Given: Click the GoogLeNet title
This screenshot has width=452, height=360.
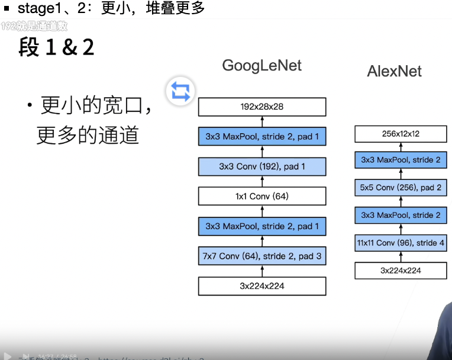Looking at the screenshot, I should click(x=261, y=65).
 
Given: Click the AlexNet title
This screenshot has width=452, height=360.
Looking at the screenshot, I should click(x=394, y=72).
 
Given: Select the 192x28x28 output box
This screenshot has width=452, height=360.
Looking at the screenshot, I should click(x=262, y=107).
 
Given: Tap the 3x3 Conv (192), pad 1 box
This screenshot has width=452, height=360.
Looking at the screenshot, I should click(x=262, y=166).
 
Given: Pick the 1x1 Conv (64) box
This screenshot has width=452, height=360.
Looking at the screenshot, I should click(x=262, y=196).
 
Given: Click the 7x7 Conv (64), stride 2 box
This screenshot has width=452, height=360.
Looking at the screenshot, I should click(x=262, y=256).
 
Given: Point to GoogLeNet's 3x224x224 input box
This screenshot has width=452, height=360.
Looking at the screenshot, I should click(x=262, y=286).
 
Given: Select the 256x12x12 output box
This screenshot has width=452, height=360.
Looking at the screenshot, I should click(x=401, y=134).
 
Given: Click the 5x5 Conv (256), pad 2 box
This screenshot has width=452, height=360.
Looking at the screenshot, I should click(x=401, y=188).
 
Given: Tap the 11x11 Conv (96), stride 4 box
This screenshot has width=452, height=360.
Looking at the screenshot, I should click(x=401, y=243).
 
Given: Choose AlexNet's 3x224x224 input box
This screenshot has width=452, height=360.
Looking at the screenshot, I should click(x=401, y=271).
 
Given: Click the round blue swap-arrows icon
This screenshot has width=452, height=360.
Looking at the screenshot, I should click(x=180, y=91).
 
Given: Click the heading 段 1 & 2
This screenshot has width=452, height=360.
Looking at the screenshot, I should click(x=56, y=47).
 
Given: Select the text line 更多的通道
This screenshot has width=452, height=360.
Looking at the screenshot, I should click(x=88, y=136).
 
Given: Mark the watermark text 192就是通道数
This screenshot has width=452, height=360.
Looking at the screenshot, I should click(x=34, y=26).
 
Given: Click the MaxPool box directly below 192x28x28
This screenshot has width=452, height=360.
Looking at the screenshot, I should click(x=262, y=137).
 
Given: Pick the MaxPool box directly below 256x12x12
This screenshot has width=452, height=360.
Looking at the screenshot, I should click(x=401, y=160).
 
